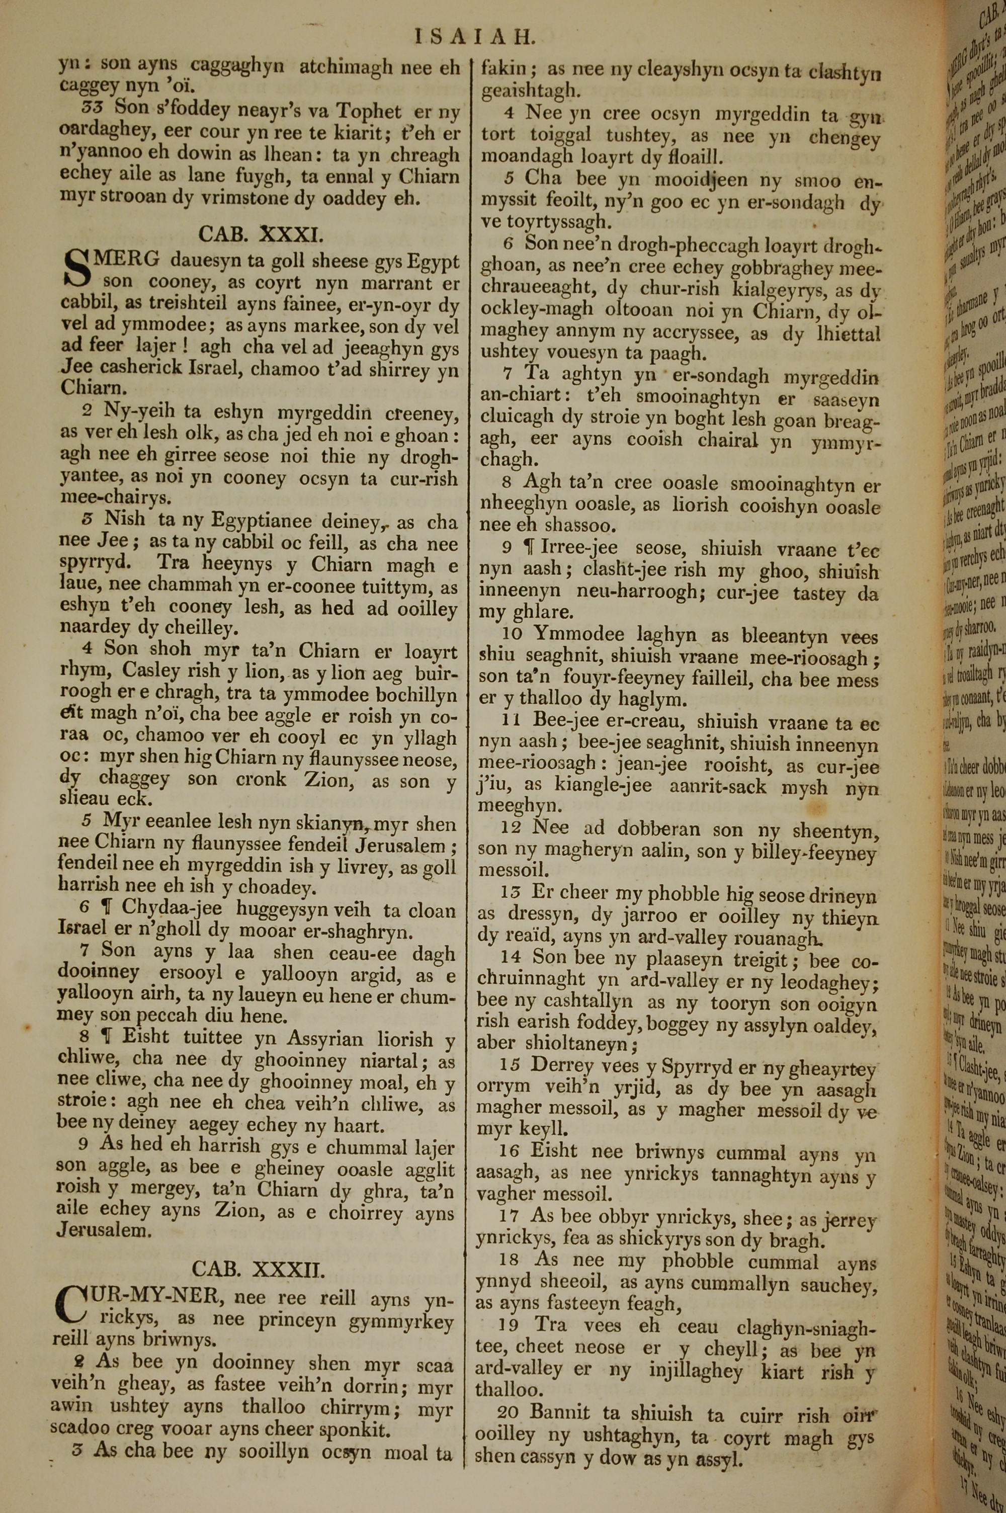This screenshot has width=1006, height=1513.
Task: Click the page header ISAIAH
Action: tap(474, 37)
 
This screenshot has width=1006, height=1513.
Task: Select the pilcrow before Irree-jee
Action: tap(529, 550)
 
